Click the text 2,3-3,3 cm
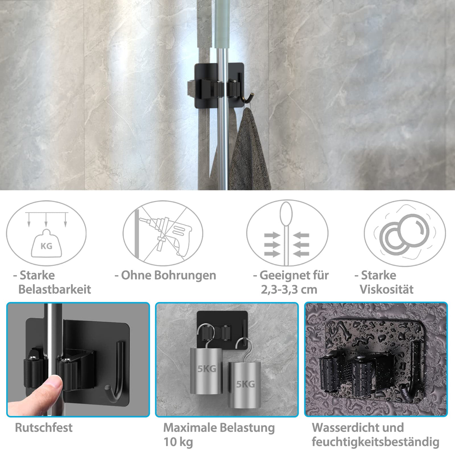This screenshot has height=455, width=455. point(289,290)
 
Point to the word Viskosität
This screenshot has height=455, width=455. point(386,289)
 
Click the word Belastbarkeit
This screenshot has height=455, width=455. point(55,289)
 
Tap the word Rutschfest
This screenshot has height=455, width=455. point(44,428)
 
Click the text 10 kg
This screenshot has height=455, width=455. point(178,442)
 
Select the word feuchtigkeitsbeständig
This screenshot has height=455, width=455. point(375,442)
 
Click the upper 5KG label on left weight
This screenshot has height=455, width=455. point(207,369)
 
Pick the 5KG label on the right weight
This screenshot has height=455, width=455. point(246,384)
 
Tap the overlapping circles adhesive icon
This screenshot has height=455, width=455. point(405,233)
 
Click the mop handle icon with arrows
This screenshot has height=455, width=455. point(287,233)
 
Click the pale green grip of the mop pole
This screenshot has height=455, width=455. point(222,24)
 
